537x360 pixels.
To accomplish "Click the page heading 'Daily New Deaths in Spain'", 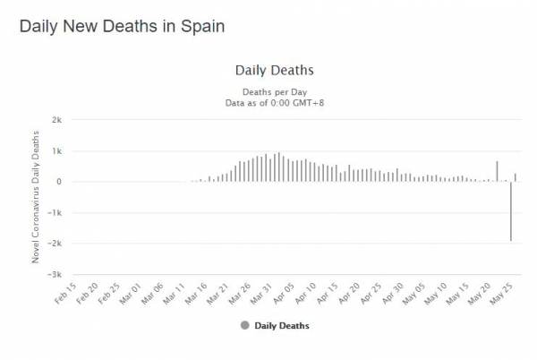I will point(122,26).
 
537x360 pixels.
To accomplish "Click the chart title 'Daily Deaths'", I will point(274,70).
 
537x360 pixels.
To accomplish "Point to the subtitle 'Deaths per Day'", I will point(274,92).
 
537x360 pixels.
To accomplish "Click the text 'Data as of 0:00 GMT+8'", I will point(274,103).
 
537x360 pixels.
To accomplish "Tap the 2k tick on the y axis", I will point(55,120).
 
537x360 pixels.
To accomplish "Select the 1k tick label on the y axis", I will point(55,150).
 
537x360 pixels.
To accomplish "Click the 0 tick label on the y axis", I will point(58,182).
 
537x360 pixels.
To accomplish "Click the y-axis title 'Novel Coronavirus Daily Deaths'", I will point(36,197).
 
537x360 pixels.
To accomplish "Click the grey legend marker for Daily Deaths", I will point(245,326).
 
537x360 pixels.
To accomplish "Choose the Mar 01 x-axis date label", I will point(132,293).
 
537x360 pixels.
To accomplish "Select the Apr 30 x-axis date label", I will point(396,293).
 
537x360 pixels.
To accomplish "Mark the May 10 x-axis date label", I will point(440,293).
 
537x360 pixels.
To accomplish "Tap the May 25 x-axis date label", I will point(507,293).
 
